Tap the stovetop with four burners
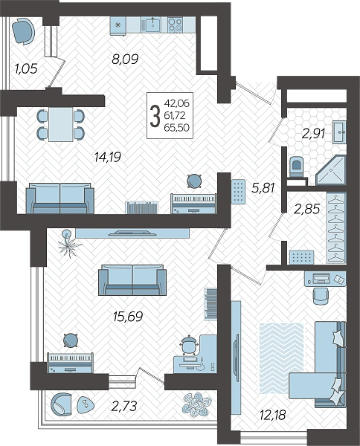tap(175, 25)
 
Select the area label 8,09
tap(125, 59)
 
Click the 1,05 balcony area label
tap(26, 68)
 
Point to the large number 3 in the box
tap(155, 115)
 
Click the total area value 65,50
tap(177, 128)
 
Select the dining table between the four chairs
tap(60, 124)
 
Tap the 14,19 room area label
tap(108, 157)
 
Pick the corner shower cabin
tap(332, 171)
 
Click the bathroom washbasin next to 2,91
tap(339, 132)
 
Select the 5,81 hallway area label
tap(263, 187)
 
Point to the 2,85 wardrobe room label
tap(307, 209)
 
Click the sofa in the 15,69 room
tap(132, 280)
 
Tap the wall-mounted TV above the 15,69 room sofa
tap(132, 233)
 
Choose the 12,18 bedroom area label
tap(272, 415)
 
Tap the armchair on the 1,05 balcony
tap(24, 31)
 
